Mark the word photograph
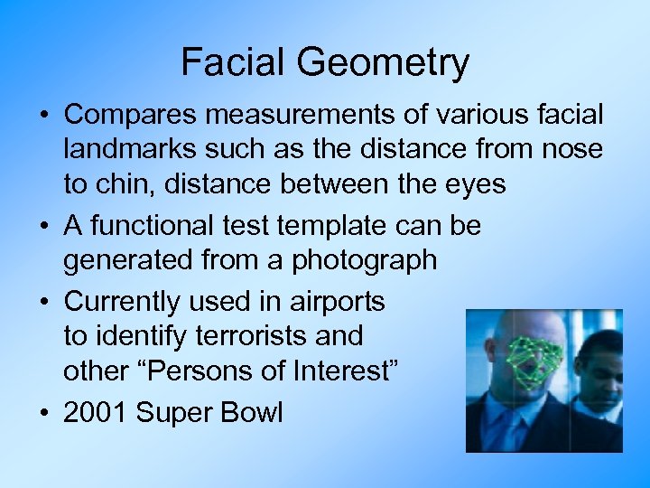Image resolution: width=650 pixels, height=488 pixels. pos(365,260)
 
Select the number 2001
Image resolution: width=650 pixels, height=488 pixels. pos(96,413)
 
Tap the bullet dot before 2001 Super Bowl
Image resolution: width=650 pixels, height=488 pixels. pos(44,414)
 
